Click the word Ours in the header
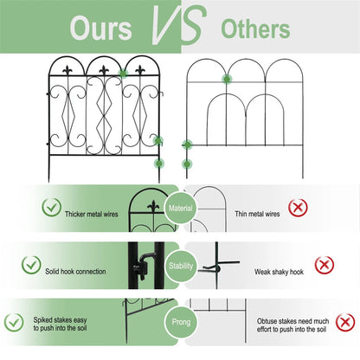[x=100, y=28]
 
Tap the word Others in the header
[x=255, y=29]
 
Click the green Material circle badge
[x=181, y=208]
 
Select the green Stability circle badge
[x=181, y=266]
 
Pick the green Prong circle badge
[x=181, y=322]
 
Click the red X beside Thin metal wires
[x=298, y=208]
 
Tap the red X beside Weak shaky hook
[x=325, y=265]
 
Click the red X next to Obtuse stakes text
[x=345, y=322]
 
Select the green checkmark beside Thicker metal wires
[x=51, y=208]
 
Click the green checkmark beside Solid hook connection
[x=31, y=265]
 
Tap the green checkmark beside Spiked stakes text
[x=14, y=322]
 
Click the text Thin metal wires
[x=257, y=214]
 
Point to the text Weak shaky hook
[x=279, y=272]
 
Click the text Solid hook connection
[x=75, y=272]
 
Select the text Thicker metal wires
[x=92, y=214]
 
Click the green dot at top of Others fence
[x=227, y=79]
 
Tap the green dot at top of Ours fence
[x=123, y=74]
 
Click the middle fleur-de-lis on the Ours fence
[x=104, y=70]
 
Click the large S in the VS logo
[x=194, y=26]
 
